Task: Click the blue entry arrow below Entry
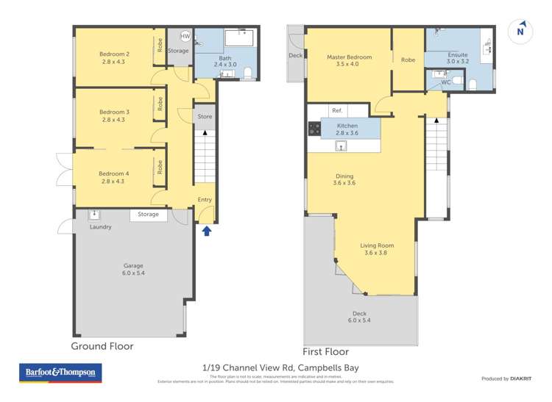pos(207,231)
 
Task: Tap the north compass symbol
pos(521,32)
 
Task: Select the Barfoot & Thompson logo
pos(60,373)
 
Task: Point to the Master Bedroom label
pos(349,57)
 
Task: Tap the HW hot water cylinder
pos(185,36)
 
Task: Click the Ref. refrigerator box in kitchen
pos(337,111)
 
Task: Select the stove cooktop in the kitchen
pos(314,129)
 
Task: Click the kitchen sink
pos(342,146)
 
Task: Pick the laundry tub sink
pos(94,215)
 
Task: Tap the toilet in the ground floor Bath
pos(248,72)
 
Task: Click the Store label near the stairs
pos(205,116)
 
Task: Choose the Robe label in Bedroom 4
pos(159,167)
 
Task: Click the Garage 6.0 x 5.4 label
pos(133,269)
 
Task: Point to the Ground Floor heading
pos(102,345)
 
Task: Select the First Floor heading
pos(325,352)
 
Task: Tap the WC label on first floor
pos(446,82)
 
